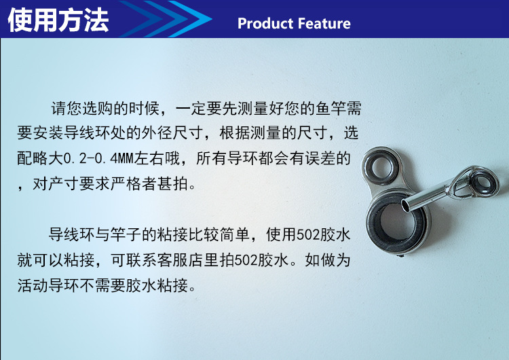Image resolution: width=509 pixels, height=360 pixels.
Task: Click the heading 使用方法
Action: click(x=58, y=20)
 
